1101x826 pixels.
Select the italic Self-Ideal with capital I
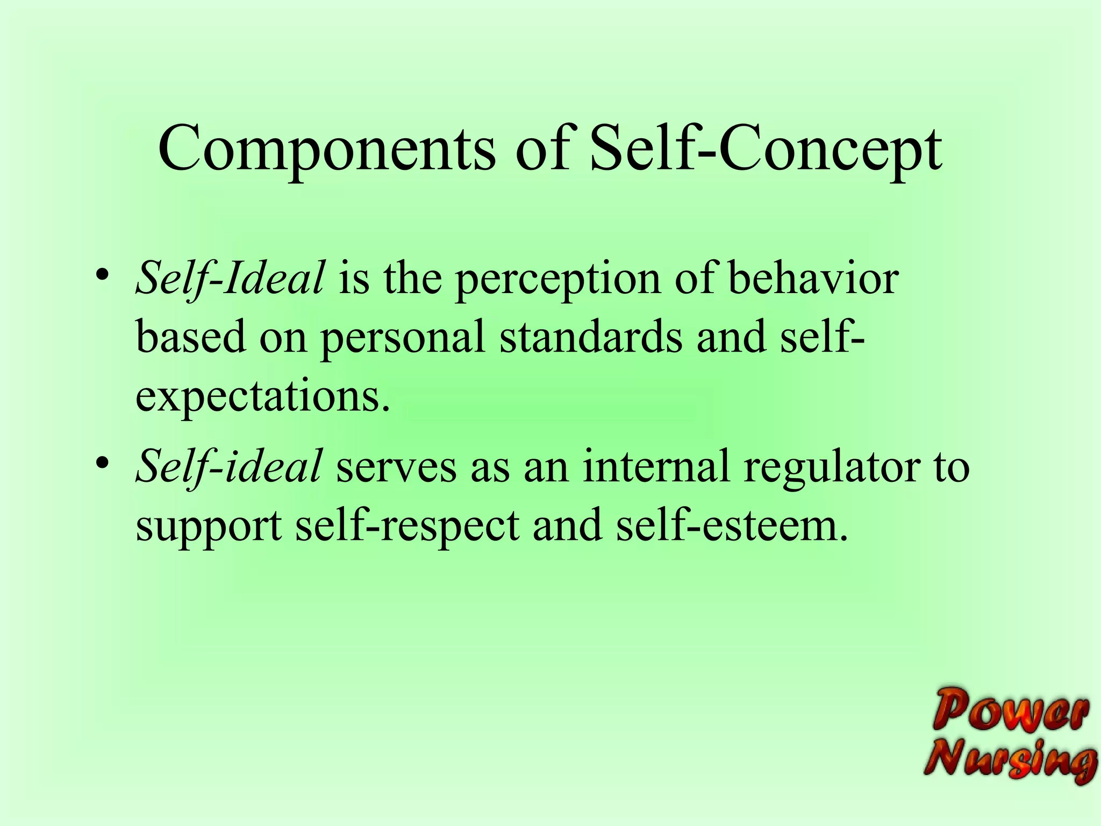(x=230, y=279)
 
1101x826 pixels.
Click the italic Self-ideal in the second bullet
(x=229, y=466)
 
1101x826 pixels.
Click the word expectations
(x=262, y=397)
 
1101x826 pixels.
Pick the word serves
(x=396, y=467)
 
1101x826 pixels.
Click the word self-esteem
(x=732, y=525)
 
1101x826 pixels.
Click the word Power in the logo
(x=1010, y=710)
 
